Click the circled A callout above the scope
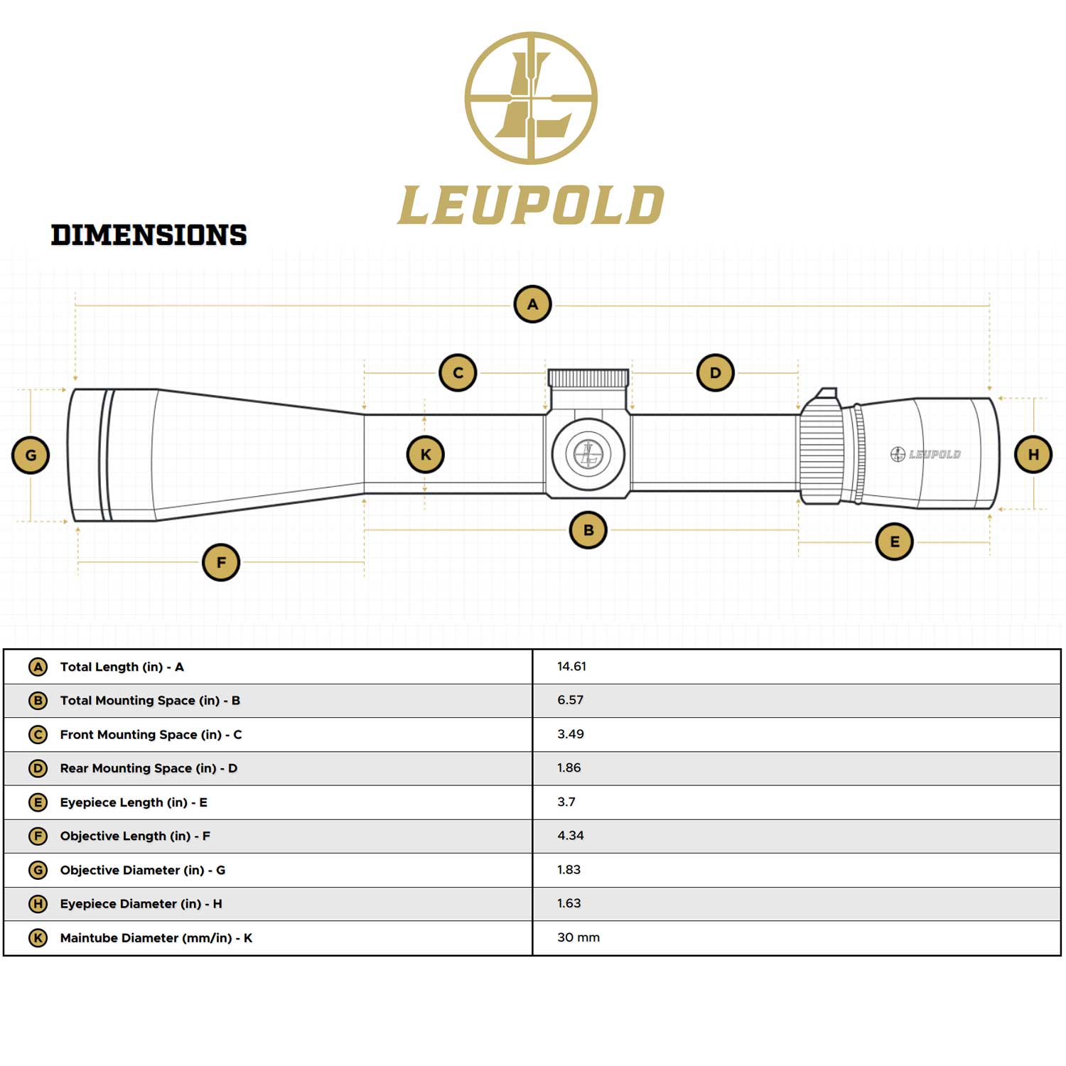tap(532, 304)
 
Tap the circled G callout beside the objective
tap(31, 456)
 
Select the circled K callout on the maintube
tap(425, 455)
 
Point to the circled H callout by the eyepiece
tap(1033, 455)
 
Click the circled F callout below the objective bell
tap(221, 562)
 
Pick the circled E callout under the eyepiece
tap(894, 542)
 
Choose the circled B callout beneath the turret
tap(588, 529)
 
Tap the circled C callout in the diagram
tap(458, 372)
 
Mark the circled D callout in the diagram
tap(715, 372)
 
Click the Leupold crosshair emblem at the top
tap(531, 98)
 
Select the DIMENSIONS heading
tap(149, 235)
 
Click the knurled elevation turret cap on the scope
tap(588, 377)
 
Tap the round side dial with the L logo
tap(588, 453)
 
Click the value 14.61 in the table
tap(571, 667)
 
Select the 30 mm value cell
tap(578, 937)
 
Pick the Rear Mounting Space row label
tap(149, 768)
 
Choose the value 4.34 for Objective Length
tap(570, 836)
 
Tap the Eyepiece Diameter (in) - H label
tap(141, 904)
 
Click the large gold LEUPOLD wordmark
tap(531, 206)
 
